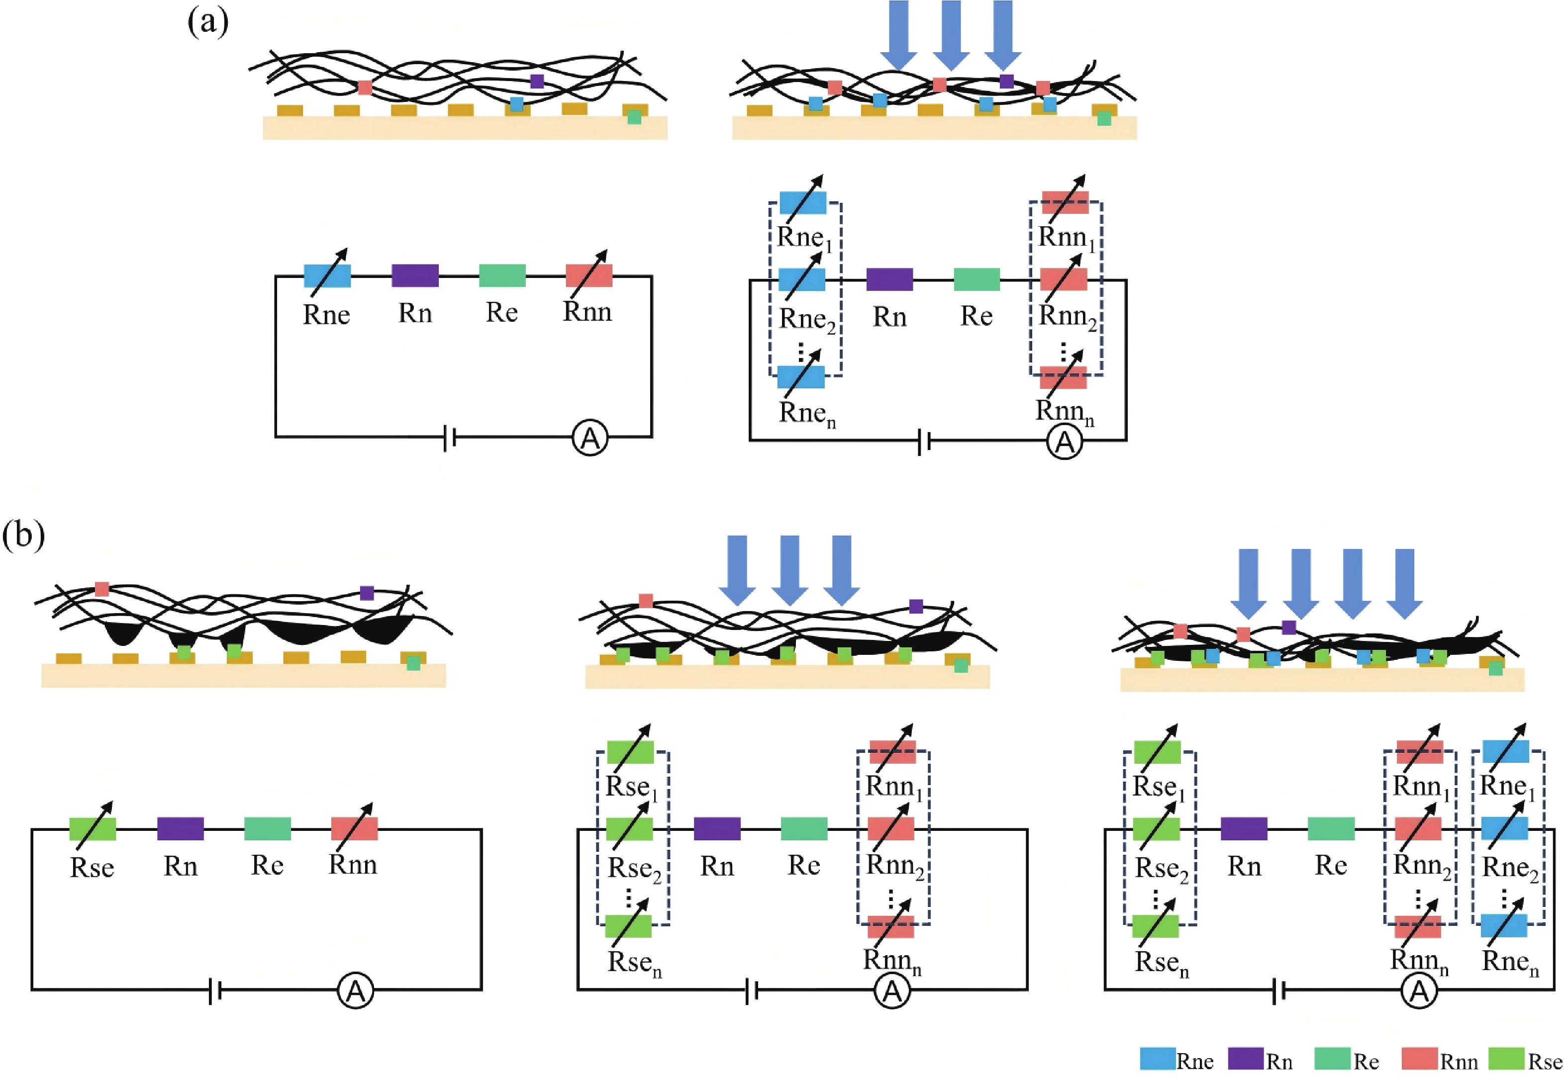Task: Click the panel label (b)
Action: (24, 535)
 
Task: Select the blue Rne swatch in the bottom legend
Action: (1157, 1059)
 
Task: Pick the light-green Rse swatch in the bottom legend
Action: (1506, 1059)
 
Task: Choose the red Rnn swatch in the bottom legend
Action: (1419, 1059)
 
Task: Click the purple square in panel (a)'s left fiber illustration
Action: (537, 81)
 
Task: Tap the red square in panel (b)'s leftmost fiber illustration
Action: (101, 589)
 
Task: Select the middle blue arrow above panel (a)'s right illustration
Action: (951, 34)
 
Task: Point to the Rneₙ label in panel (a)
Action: (807, 414)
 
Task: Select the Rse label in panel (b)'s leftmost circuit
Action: (92, 868)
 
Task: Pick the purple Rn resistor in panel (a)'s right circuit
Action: (889, 279)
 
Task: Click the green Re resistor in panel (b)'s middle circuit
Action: (804, 828)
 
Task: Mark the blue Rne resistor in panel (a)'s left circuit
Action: (327, 275)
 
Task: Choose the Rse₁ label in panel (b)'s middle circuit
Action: (631, 788)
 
